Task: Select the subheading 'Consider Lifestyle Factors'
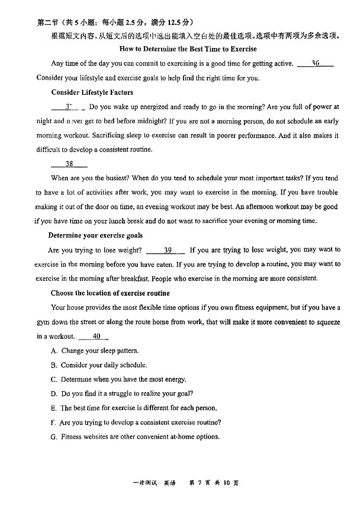92,92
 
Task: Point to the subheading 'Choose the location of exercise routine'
110,293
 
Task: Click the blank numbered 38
69,164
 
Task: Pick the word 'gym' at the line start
42,322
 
